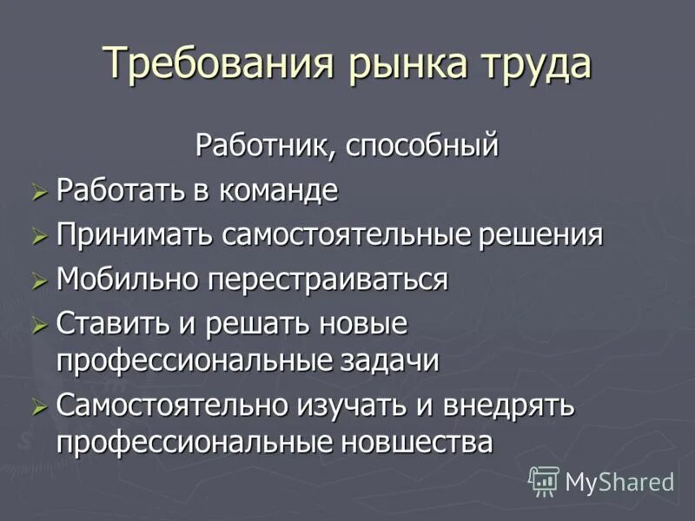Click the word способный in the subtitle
pos(423,145)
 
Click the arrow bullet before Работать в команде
pos(37,192)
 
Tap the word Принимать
pos(134,235)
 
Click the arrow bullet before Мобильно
pos(37,281)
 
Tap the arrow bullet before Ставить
pos(37,326)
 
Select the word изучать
pos(387,406)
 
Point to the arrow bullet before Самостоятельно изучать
pos(37,407)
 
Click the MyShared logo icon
pos(544,480)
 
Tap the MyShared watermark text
pos(619,481)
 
